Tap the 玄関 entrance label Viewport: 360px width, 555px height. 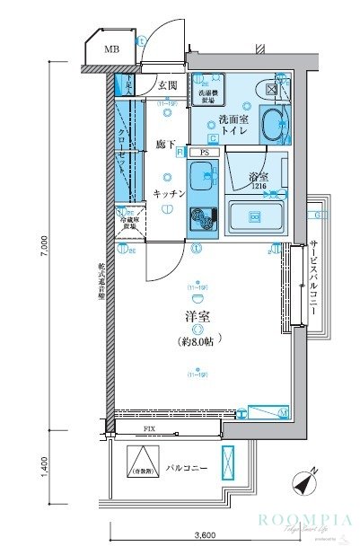point(168,86)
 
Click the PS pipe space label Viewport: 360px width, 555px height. point(205,153)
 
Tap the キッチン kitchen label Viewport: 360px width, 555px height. point(169,194)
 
